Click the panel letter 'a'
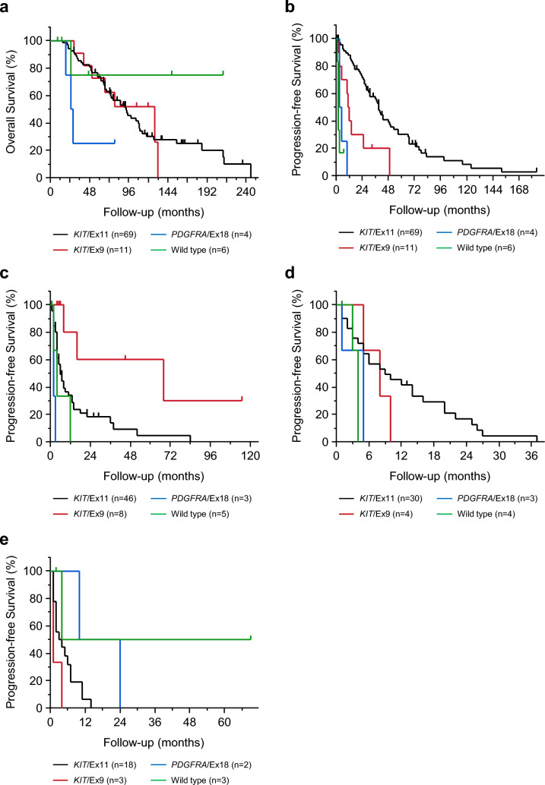click(x=6, y=7)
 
